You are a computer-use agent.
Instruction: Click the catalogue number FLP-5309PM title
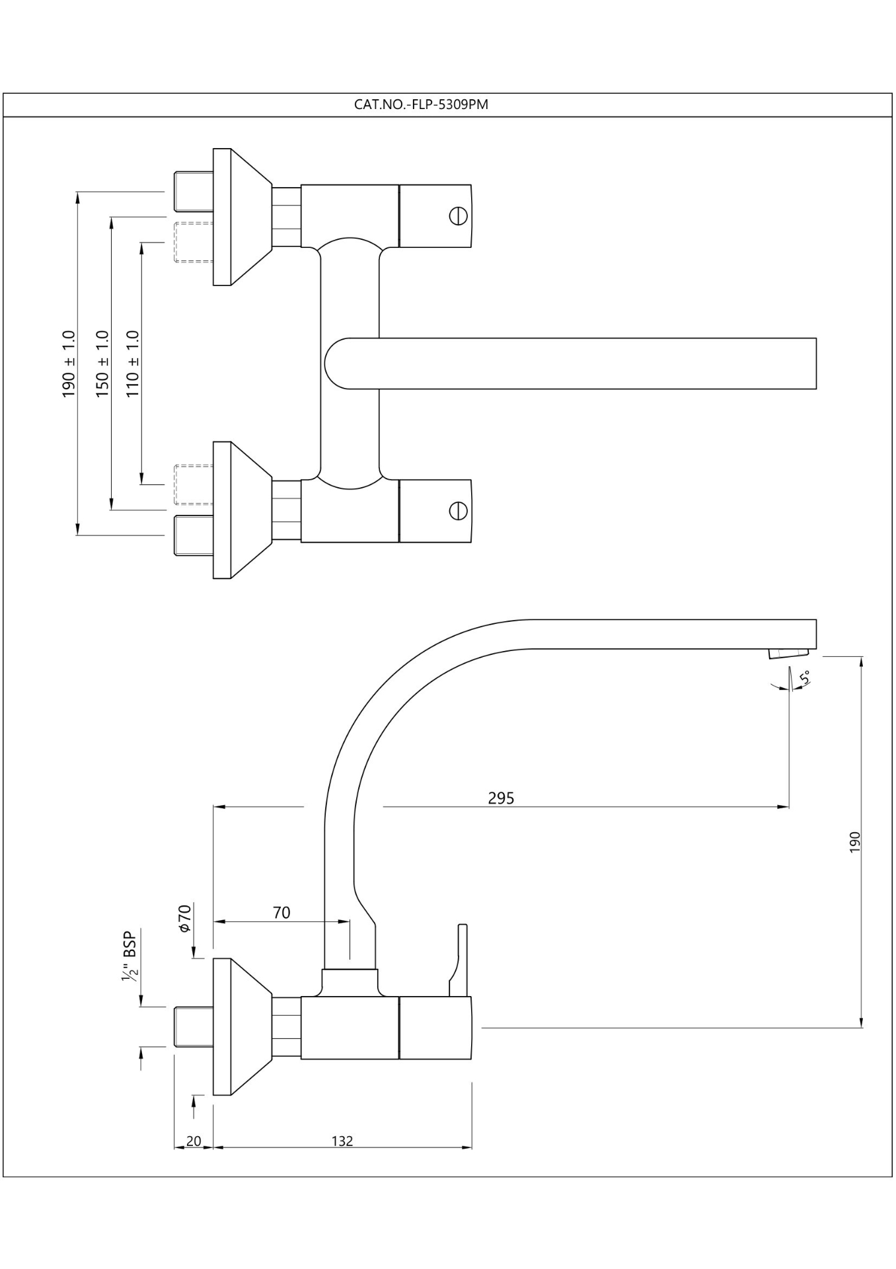tap(421, 104)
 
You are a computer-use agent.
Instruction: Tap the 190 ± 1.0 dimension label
tap(69, 364)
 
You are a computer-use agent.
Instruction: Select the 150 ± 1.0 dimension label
tap(102, 364)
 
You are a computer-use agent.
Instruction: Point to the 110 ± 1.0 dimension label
tap(133, 364)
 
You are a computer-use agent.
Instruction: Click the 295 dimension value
tap(501, 798)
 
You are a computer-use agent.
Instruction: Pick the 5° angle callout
tap(804, 677)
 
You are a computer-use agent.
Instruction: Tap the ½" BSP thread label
tap(129, 956)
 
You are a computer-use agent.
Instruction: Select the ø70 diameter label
tap(184, 918)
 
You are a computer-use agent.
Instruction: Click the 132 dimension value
tap(342, 1141)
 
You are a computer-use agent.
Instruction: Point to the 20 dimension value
tap(194, 1141)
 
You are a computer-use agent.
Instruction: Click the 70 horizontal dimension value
tap(281, 913)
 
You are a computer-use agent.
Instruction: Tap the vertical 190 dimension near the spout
tap(854, 841)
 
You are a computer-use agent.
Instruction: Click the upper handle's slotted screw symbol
tap(458, 216)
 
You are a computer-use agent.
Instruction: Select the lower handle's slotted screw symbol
tap(458, 511)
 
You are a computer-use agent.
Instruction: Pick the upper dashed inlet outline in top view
tap(193, 243)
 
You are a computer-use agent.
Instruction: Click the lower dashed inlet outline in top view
tap(193, 485)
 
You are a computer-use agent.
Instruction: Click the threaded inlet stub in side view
tap(193, 1026)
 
